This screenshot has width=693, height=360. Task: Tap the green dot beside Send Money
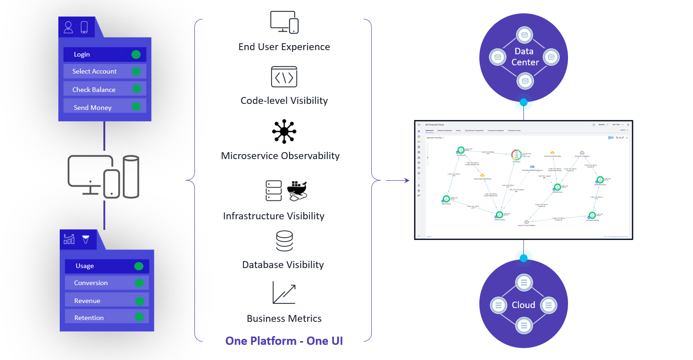pos(136,107)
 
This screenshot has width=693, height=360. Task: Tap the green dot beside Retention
pos(139,317)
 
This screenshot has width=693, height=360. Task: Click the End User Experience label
pos(284,47)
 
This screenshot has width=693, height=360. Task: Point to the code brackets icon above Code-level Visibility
pos(284,77)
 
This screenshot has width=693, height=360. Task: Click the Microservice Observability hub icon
pos(284,132)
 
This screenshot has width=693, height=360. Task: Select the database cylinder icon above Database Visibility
pos(284,241)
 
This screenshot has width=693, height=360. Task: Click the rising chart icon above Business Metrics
pos(284,293)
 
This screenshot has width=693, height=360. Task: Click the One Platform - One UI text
pos(284,341)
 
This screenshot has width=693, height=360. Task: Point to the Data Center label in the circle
pos(525,57)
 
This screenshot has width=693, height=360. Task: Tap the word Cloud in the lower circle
pos(523,305)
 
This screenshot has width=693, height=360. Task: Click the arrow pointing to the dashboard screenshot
pos(397,181)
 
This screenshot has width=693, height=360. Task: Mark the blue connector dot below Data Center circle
pos(523,102)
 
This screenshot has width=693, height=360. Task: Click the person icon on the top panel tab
pos(68,27)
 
